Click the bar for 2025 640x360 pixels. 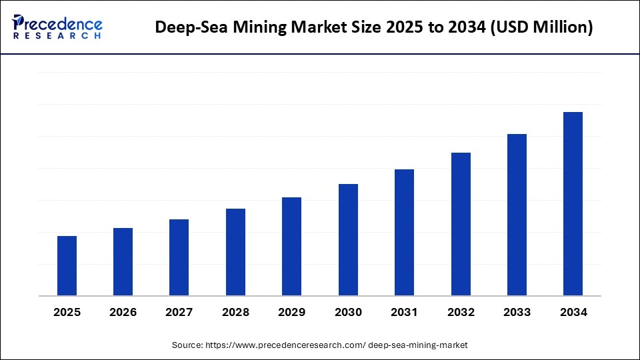coord(67,265)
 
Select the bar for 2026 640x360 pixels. coord(123,261)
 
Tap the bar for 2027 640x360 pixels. coord(179,257)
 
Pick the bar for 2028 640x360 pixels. coord(235,252)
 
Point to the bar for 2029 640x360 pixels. coord(291,246)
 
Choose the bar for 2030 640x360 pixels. coord(348,239)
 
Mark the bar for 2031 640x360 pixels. coord(404,232)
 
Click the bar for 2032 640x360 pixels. coord(461,224)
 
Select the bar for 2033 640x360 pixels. coord(517,215)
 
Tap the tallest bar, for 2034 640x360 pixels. coord(573,203)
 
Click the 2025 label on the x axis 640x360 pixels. coord(67,312)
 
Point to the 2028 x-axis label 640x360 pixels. coord(235,312)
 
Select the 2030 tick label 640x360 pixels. coord(348,312)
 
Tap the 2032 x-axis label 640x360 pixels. coord(461,312)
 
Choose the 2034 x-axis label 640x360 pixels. coord(573,312)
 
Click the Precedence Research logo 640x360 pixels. coord(57,27)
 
